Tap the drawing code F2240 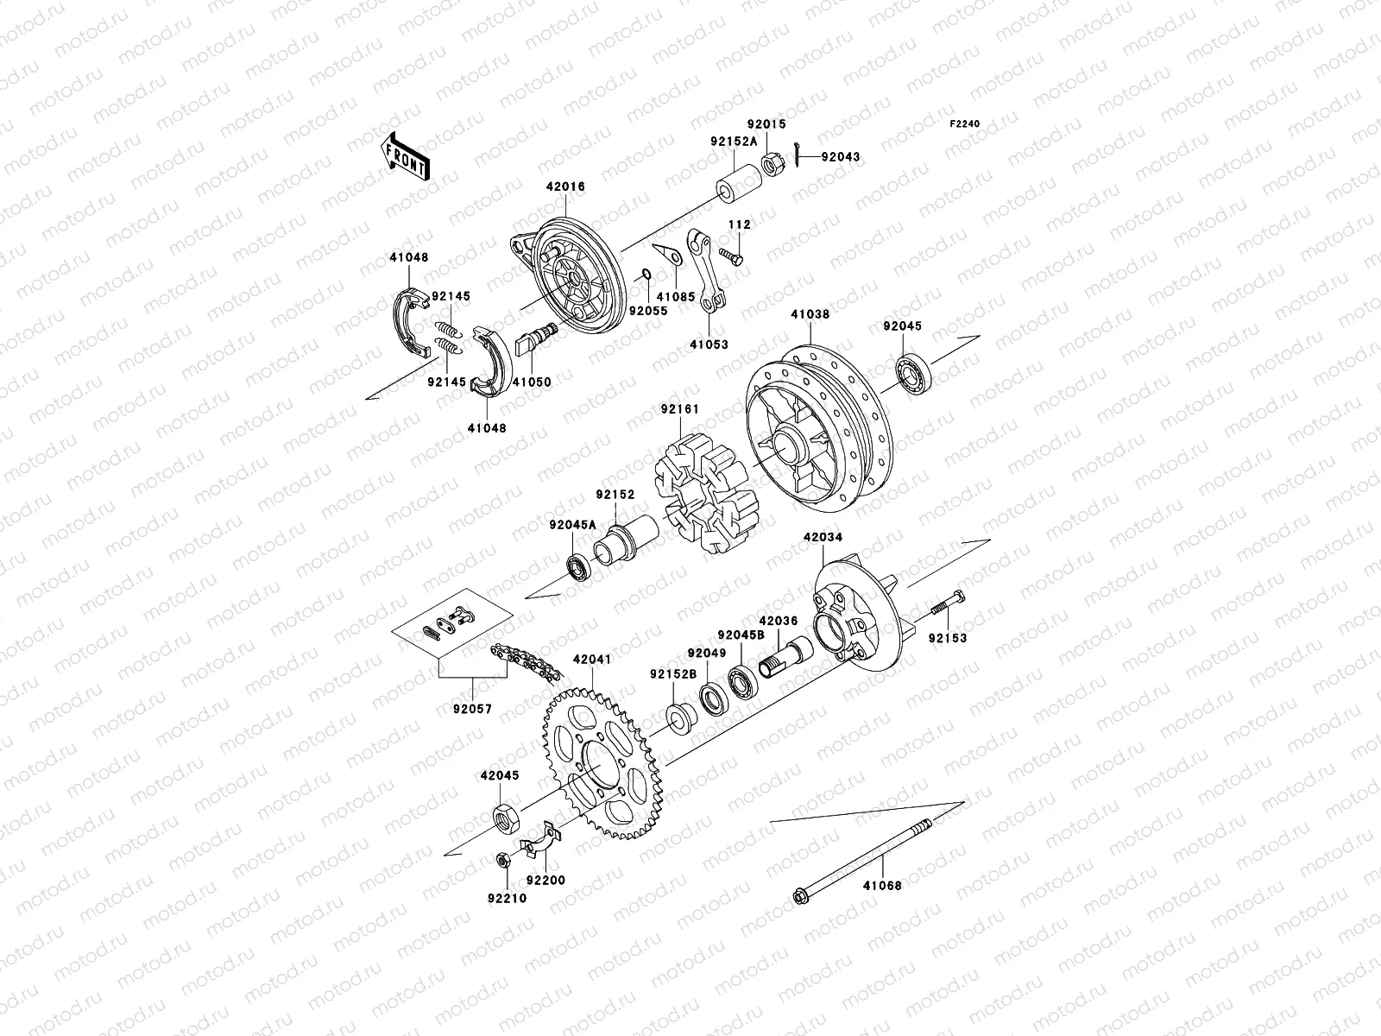coord(965,123)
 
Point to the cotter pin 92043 coord(799,156)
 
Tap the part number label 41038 coord(809,315)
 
